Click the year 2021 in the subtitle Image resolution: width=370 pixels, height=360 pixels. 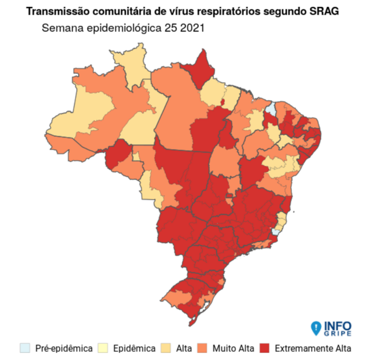[x=194, y=27]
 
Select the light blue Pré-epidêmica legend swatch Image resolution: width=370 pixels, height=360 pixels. [x=24, y=348]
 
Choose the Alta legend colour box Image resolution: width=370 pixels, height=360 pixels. [x=166, y=348]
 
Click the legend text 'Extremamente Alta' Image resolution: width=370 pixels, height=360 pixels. [x=313, y=348]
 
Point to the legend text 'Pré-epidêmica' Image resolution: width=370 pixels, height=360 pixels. [x=64, y=348]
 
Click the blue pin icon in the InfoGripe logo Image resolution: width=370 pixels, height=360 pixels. [x=315, y=328]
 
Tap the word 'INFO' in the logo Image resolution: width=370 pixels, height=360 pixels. [x=337, y=325]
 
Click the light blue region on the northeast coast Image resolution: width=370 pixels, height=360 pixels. [x=271, y=110]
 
